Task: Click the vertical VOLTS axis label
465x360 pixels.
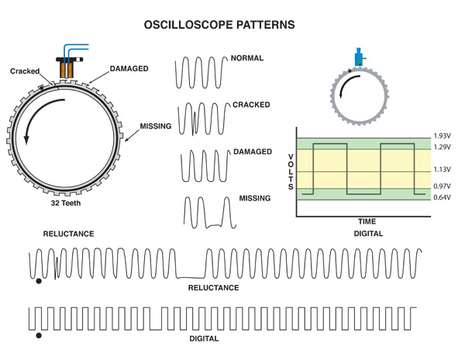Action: [291, 170]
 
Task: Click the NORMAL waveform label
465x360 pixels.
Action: [247, 58]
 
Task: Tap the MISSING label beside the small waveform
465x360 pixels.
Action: [255, 198]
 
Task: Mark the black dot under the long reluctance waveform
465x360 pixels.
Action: [39, 281]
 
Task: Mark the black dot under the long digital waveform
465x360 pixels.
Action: [39, 336]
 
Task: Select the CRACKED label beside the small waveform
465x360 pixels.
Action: [250, 104]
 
